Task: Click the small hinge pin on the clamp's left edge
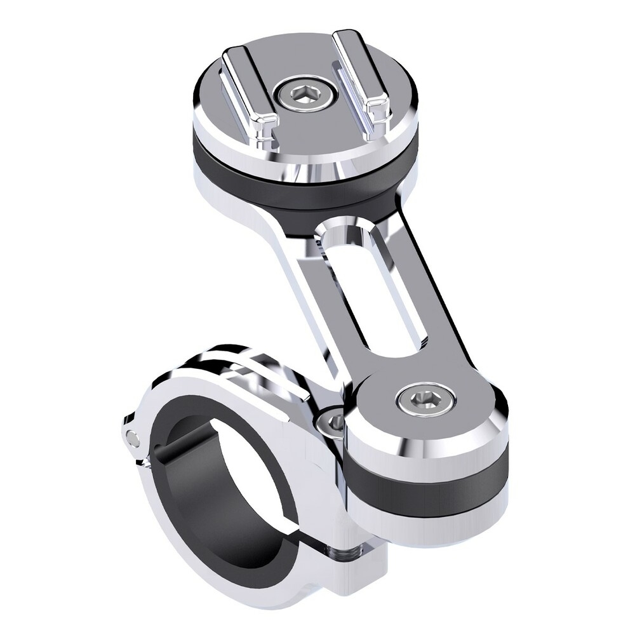click(131, 437)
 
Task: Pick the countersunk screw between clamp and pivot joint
click(335, 422)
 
